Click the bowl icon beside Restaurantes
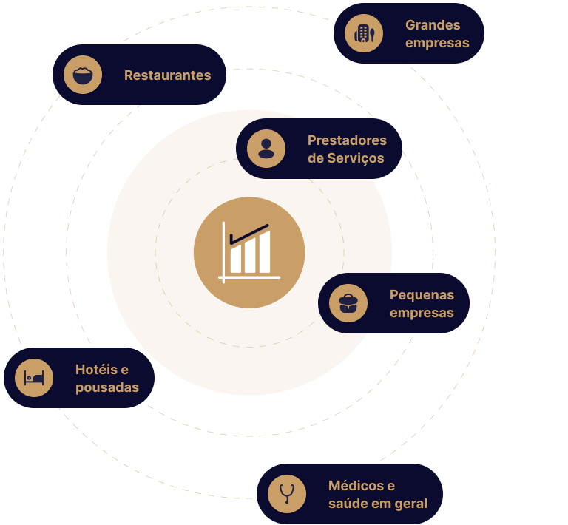[x=83, y=75]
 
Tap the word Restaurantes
[x=167, y=75]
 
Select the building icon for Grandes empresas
[x=364, y=33]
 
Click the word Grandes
[x=433, y=25]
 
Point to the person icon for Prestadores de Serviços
[x=266, y=149]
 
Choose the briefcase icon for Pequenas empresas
[x=348, y=303]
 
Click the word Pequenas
[x=422, y=294]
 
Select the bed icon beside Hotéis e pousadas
[x=34, y=377]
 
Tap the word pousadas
[x=107, y=387]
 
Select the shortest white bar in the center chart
[x=236, y=260]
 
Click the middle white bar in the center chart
[x=250, y=256]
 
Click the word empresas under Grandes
[x=437, y=43]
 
